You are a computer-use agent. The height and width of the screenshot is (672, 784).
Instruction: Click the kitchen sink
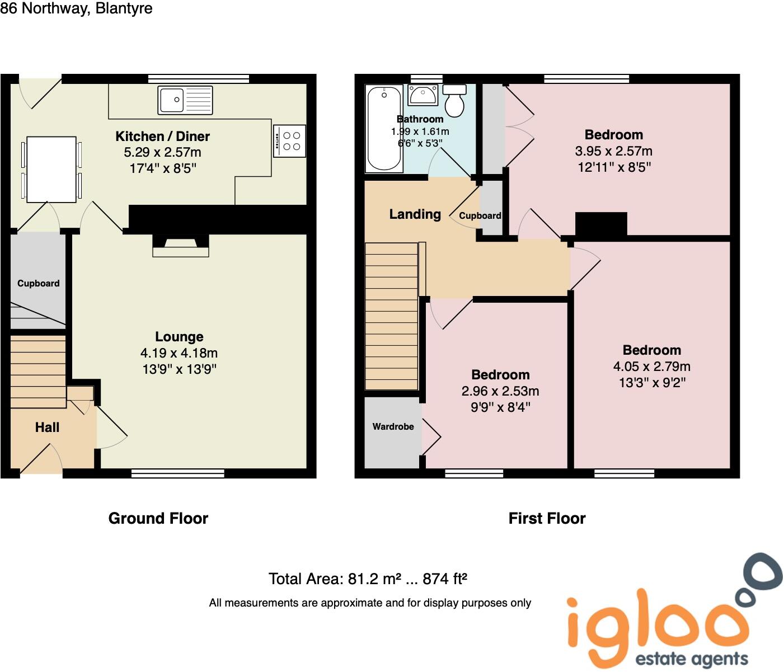185,100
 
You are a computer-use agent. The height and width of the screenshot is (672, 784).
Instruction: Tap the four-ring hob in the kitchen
290,140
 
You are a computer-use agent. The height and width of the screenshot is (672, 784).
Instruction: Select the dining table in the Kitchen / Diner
51,169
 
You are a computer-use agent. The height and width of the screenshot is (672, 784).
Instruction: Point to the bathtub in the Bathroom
384,128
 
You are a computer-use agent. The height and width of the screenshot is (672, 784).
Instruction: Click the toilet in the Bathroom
454,100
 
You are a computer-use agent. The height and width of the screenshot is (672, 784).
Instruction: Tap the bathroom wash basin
423,95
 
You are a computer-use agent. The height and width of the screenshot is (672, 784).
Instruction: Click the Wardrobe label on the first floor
393,427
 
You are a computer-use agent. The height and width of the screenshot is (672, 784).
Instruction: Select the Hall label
47,428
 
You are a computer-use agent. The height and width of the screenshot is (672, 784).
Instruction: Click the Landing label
415,214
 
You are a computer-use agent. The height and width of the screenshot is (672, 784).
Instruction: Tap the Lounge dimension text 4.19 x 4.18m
179,353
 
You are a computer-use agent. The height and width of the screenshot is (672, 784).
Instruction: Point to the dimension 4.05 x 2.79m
651,366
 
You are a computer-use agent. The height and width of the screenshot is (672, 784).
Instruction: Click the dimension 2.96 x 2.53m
500,391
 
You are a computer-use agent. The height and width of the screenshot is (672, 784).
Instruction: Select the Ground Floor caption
158,519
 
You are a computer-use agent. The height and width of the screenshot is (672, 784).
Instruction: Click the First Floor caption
547,519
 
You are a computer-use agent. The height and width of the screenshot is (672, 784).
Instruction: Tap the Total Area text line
368,579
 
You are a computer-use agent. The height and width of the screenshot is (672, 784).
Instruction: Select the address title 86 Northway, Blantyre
77,9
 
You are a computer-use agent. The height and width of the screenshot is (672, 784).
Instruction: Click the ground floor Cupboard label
38,284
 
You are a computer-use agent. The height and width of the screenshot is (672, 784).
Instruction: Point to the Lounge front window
178,474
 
